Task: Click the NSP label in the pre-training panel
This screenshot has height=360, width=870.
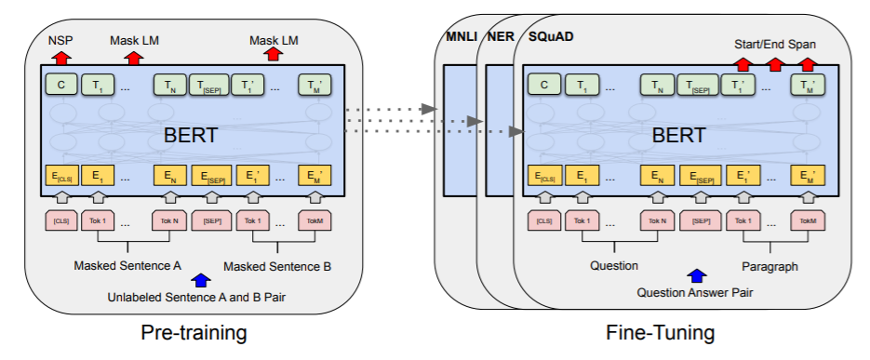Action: click(60, 40)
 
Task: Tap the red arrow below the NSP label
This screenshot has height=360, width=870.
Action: click(61, 57)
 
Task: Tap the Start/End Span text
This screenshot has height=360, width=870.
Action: click(775, 43)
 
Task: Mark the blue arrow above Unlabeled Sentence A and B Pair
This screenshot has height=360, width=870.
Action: click(199, 279)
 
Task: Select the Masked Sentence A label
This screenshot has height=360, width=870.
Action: click(127, 265)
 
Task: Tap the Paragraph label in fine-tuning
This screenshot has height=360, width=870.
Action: click(770, 266)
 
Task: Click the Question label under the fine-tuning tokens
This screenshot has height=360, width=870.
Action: click(614, 266)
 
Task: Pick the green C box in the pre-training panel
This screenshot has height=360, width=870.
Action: click(61, 86)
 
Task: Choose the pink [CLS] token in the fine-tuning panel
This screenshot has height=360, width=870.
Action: click(544, 221)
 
